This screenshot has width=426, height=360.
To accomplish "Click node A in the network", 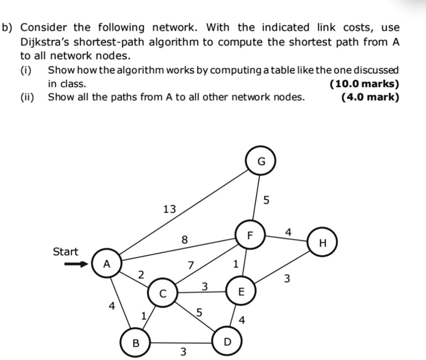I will point(107,263).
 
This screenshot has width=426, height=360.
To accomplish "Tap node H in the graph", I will point(321,243).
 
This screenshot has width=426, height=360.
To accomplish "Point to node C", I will point(162,293).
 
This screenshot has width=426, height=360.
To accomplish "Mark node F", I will point(249,236).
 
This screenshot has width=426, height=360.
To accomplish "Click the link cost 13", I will point(169,210).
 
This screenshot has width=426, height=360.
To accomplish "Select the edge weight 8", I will point(184,239).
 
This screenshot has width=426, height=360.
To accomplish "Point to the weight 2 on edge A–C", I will point(140,274).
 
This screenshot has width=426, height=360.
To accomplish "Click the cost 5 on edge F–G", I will point(266,200).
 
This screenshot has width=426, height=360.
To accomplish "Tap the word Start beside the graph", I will point(65,252).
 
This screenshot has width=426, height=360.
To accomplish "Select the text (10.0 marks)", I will point(364,84).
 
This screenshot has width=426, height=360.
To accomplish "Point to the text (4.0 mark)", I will point(370,97).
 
